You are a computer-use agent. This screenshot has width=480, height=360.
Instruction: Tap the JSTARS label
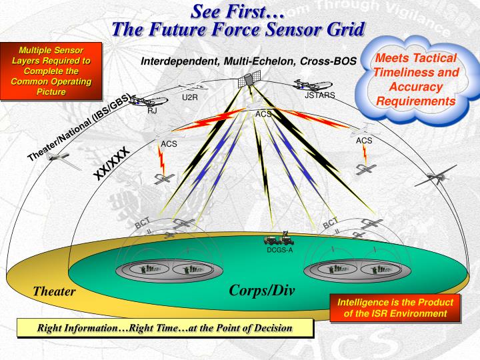[319, 96]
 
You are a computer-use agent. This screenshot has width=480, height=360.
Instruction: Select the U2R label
[190, 98]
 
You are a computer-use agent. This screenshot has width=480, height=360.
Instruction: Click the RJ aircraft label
[152, 111]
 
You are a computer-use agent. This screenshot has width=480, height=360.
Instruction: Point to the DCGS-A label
[280, 250]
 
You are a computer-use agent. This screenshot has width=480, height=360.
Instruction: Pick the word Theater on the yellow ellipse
[55, 291]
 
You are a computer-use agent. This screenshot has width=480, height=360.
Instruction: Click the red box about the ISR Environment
[395, 308]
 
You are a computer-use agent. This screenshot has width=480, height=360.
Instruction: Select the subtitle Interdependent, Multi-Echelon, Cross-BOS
[249, 62]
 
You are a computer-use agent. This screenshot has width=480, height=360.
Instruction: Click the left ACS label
[169, 144]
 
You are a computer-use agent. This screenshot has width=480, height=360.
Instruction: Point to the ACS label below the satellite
[263, 114]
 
